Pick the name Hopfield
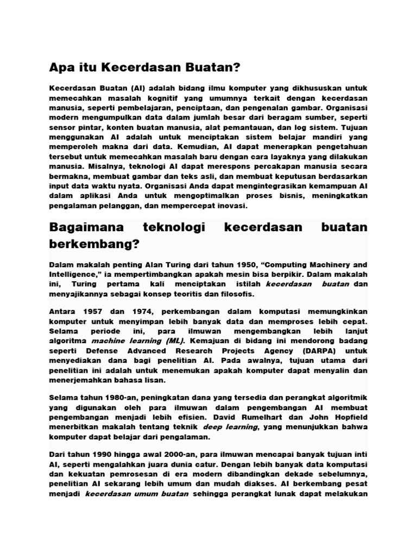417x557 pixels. (x=349, y=418)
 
